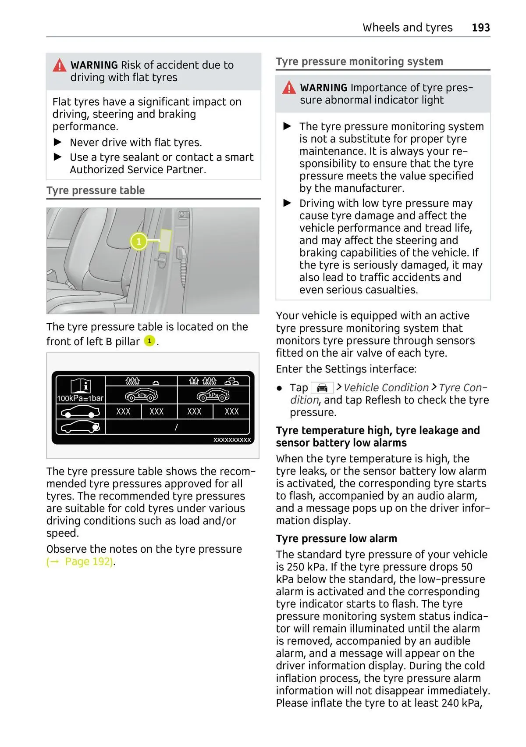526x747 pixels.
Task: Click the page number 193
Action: point(480,28)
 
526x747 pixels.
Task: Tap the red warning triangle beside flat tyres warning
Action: point(59,66)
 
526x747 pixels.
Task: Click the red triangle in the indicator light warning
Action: point(289,88)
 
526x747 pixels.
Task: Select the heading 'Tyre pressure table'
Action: point(96,190)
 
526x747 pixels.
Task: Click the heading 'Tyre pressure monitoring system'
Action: point(359,61)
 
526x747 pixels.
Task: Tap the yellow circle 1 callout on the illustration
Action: point(139,241)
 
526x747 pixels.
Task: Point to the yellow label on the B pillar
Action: point(165,240)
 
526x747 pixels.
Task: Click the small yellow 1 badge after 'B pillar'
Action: point(149,341)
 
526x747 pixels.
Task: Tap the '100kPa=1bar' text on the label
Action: point(80,398)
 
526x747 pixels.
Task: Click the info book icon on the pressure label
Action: point(81,385)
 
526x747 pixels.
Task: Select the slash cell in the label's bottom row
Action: point(176,427)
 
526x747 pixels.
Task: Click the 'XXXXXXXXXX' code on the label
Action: point(232,440)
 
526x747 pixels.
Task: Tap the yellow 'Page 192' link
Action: point(89,561)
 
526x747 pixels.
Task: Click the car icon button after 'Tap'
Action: point(322,388)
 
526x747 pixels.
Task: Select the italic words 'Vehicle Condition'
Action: point(386,388)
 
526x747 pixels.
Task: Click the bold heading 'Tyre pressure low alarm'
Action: point(336,539)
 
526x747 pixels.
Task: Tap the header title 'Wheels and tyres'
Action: point(407,28)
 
